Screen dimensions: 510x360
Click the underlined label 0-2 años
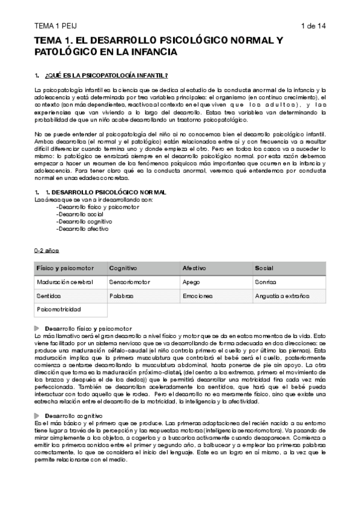click(47, 250)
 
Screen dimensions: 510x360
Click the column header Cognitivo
click(123, 268)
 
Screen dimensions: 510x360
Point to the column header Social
click(264, 268)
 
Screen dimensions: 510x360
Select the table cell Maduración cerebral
click(64, 281)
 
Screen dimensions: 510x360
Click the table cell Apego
click(191, 281)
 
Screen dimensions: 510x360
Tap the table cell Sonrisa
click(266, 281)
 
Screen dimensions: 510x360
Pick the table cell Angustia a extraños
click(282, 296)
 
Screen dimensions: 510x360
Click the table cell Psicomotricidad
click(59, 310)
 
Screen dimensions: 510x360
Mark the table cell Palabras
click(121, 296)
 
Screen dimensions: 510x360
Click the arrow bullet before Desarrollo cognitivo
click(38, 399)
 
